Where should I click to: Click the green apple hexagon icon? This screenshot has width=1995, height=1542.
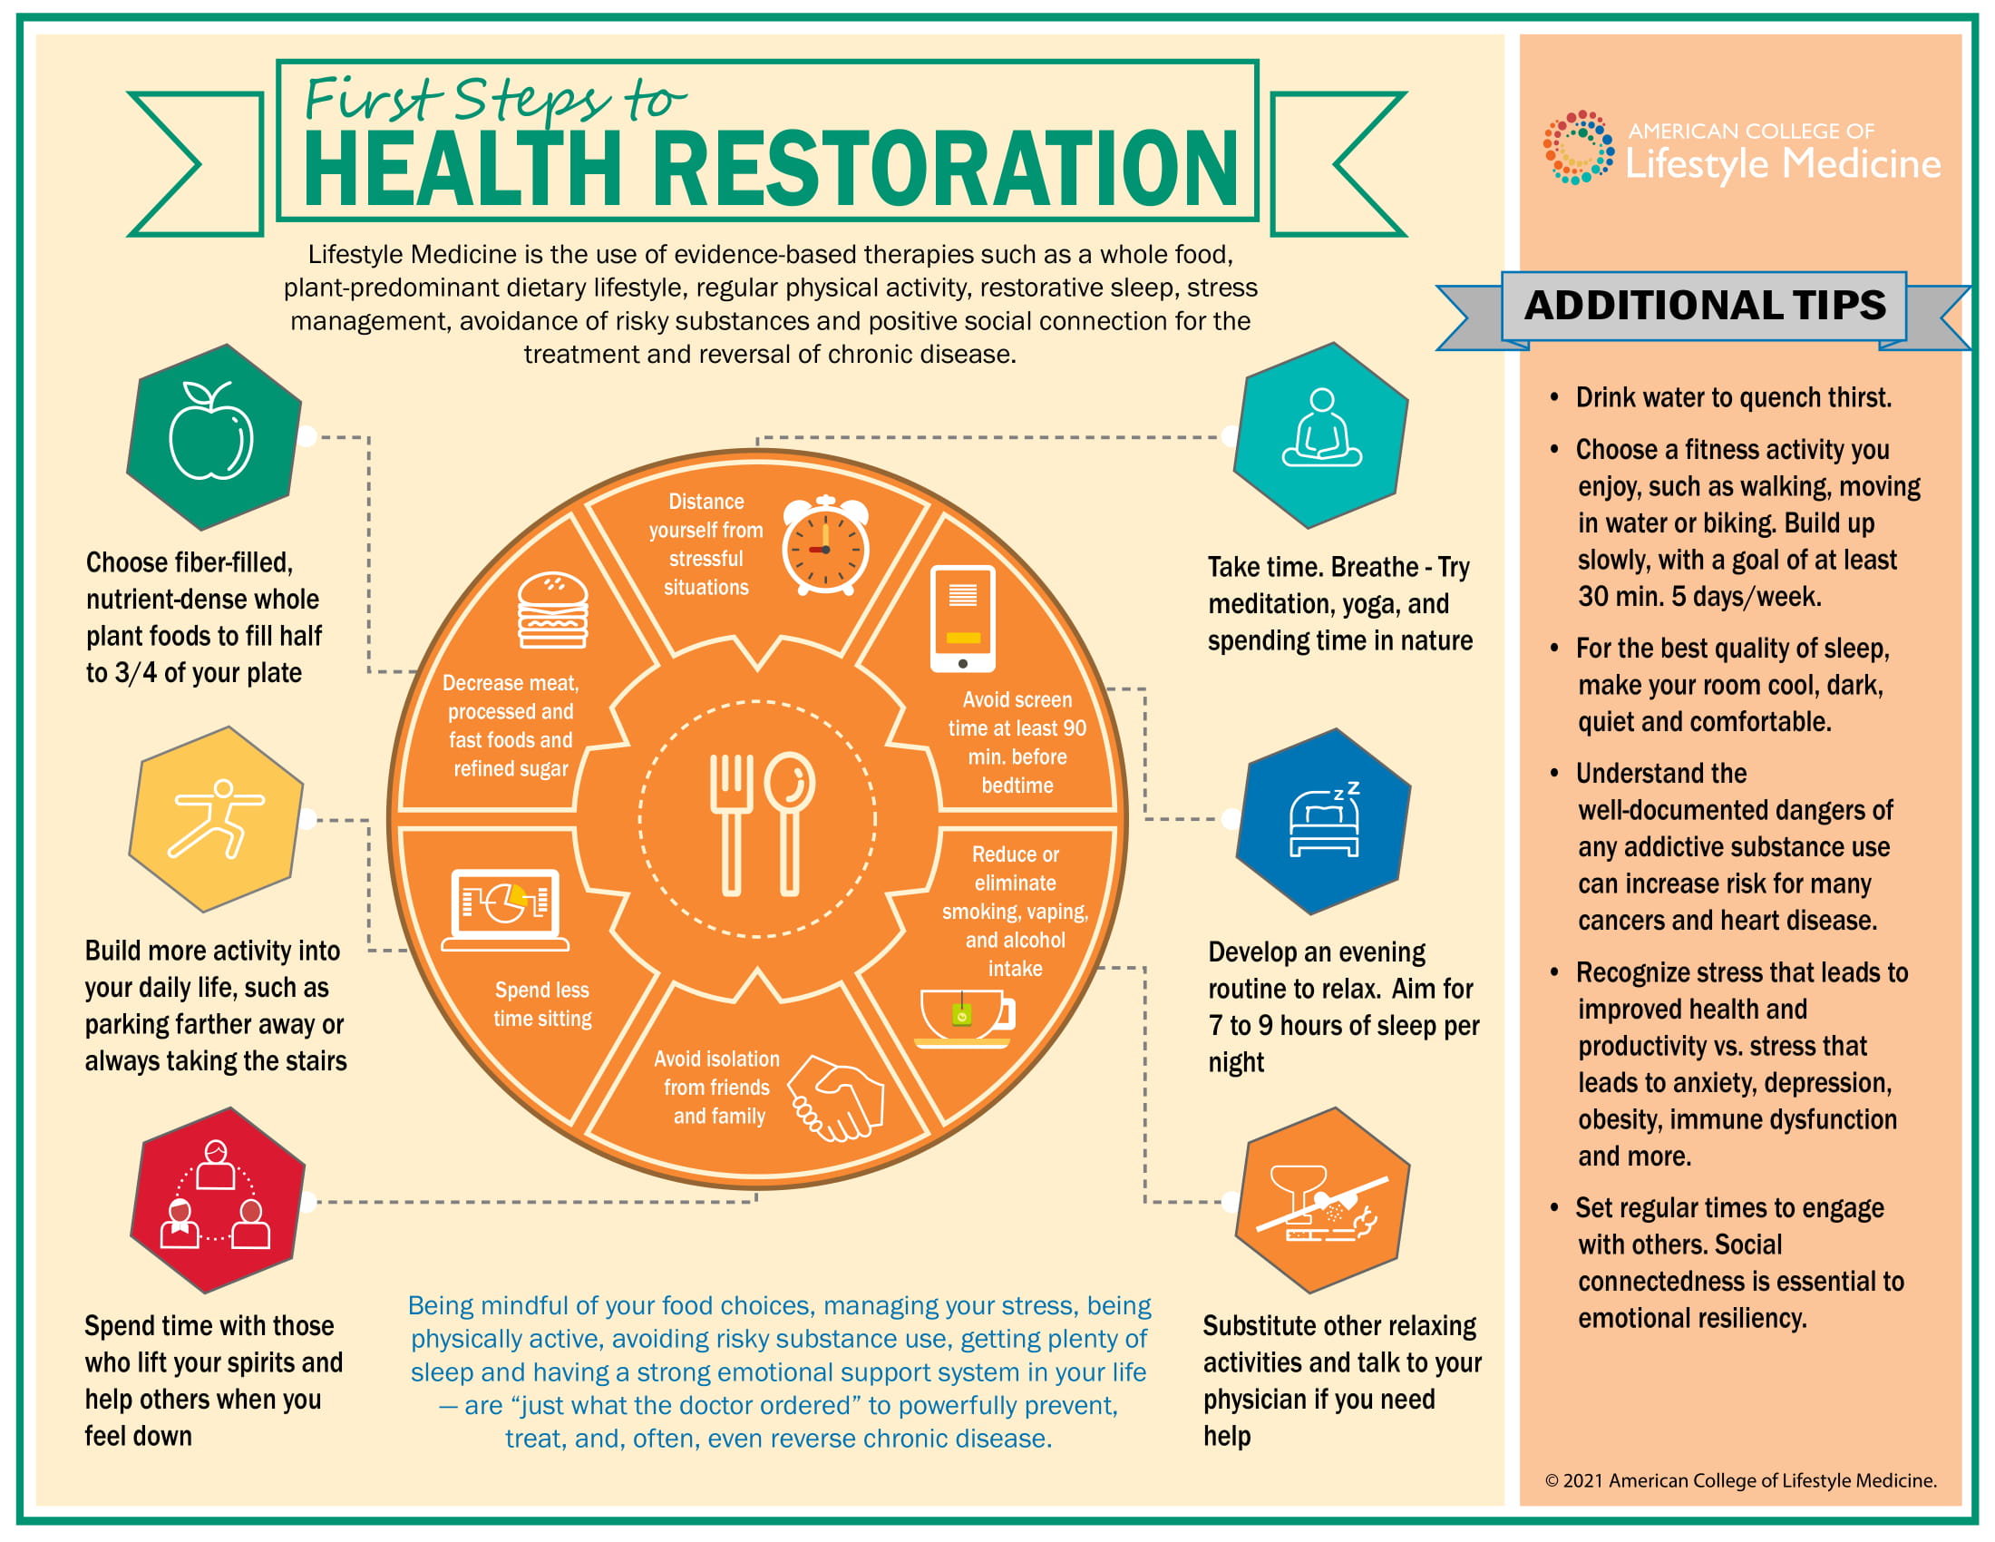tap(215, 436)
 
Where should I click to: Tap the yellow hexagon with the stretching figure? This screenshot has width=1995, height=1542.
tap(216, 818)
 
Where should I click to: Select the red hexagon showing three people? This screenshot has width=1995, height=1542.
tap(218, 1199)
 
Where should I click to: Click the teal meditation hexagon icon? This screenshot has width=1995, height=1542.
tap(1321, 435)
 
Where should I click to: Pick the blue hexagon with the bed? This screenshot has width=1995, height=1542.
tap(1324, 821)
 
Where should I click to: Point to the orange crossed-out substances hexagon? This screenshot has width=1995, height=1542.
tap(1323, 1200)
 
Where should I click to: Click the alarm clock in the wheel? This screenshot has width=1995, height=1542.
tap(826, 545)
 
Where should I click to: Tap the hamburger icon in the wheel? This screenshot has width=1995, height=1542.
tap(552, 610)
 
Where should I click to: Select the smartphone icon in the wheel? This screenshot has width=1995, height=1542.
tap(963, 619)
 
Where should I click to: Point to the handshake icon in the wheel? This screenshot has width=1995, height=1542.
tap(837, 1099)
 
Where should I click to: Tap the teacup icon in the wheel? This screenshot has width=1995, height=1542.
tap(965, 1018)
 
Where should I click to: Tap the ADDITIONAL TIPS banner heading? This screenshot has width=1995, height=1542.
tap(1705, 305)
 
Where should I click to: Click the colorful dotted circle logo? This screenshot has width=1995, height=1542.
tap(1578, 147)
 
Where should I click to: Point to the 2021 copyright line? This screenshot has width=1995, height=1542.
tap(1740, 1480)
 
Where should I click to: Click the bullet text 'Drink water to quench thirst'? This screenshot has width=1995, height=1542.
tap(1733, 397)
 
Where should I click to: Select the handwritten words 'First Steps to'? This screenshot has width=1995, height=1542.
tap(494, 101)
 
